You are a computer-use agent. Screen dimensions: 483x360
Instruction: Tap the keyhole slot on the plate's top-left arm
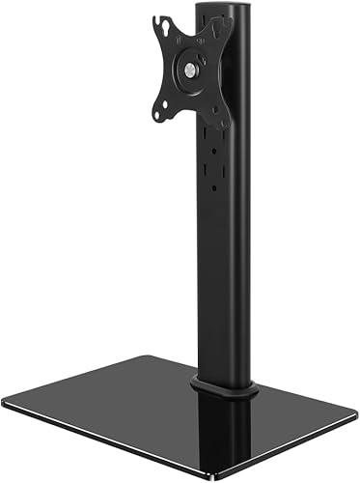coord(161,23)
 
